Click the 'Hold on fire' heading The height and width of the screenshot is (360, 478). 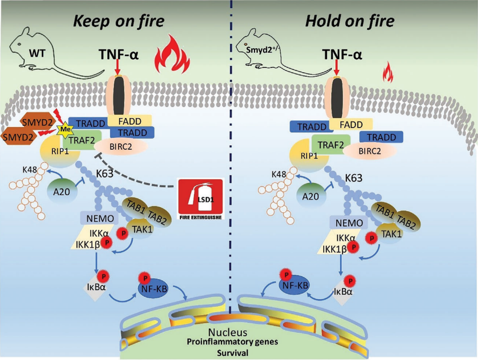(x=350, y=22)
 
